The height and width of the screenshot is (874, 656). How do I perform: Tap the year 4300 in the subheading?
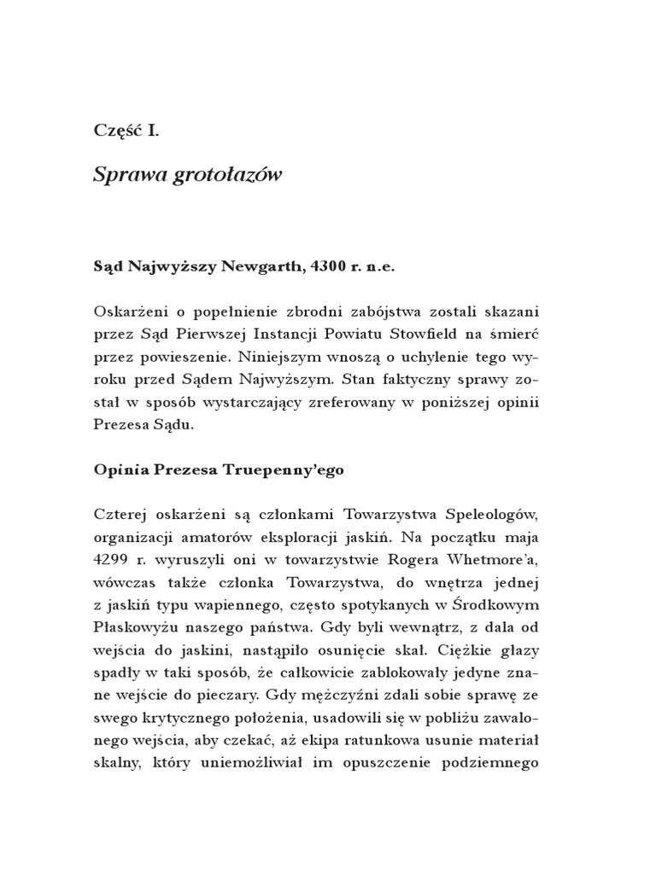[335, 266]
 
